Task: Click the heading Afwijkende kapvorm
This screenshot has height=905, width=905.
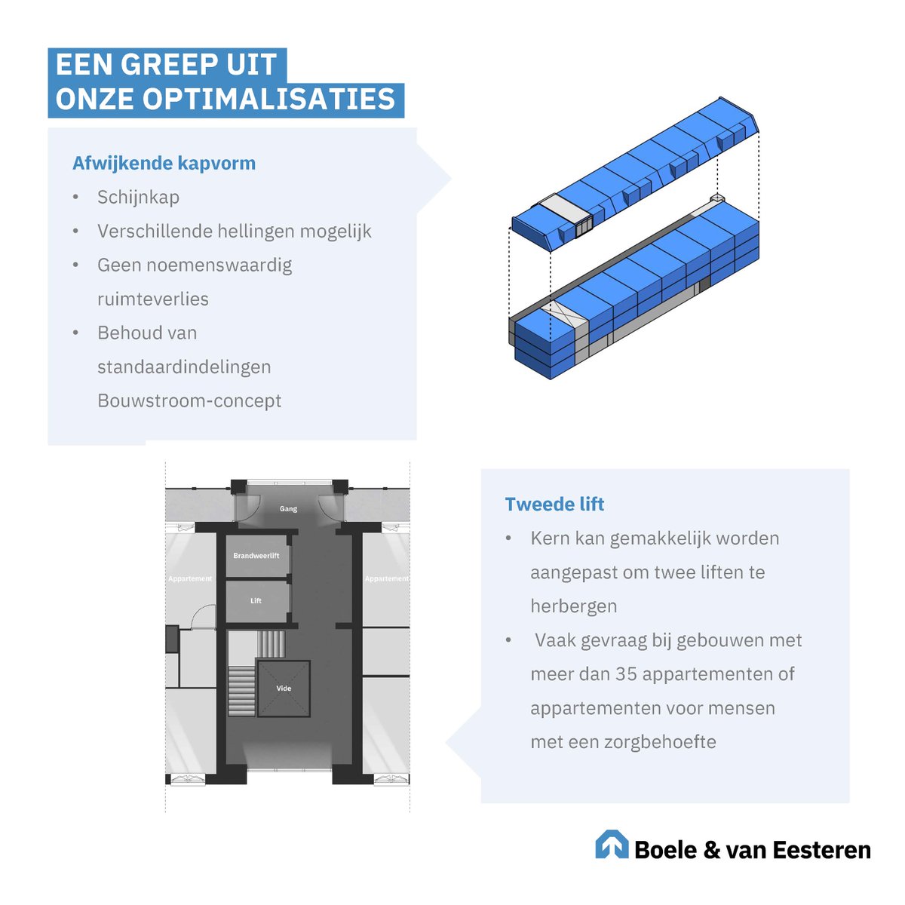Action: tap(164, 163)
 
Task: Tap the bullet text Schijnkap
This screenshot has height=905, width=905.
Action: tap(138, 197)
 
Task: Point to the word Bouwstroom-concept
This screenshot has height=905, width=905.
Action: tap(189, 400)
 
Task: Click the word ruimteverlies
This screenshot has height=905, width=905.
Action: tap(153, 299)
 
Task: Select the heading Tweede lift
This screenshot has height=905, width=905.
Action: tap(554, 504)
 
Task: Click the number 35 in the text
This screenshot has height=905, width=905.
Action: tap(626, 673)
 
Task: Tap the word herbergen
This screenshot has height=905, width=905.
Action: tap(573, 606)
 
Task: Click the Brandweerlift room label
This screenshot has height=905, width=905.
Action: tap(256, 556)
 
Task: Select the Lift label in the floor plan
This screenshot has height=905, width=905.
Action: tap(256, 601)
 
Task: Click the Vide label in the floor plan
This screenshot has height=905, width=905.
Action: tap(284, 688)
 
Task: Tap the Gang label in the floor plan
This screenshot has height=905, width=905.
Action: tap(288, 509)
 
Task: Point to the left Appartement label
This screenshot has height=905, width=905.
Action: tap(190, 578)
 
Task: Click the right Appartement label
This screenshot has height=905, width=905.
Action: tap(386, 578)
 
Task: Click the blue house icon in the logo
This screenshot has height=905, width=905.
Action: tap(612, 845)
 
